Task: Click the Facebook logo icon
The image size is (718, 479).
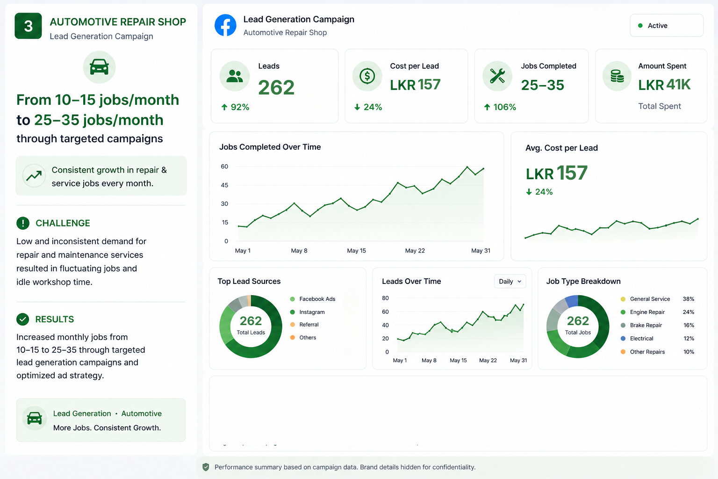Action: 225,25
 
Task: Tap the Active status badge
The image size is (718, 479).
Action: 667,25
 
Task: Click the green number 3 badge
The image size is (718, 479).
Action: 28,26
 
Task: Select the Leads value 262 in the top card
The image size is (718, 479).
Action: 276,87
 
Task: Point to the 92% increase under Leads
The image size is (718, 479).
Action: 235,107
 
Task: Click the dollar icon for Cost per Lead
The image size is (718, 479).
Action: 367,76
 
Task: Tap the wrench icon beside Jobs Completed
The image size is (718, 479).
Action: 497,76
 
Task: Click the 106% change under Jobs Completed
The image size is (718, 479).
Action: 500,107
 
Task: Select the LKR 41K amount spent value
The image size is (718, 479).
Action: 664,85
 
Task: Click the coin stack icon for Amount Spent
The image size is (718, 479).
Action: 617,76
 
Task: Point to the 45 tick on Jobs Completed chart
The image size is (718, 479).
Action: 224,185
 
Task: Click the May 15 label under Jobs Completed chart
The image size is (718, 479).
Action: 357,251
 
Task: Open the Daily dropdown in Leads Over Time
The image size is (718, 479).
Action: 510,282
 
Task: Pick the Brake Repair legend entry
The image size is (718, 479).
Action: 641,325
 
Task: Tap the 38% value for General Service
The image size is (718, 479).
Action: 689,299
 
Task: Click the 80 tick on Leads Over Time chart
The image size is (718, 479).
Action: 385,298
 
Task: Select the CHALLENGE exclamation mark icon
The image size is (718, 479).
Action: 23,223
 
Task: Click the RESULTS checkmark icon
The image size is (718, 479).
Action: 23,319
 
